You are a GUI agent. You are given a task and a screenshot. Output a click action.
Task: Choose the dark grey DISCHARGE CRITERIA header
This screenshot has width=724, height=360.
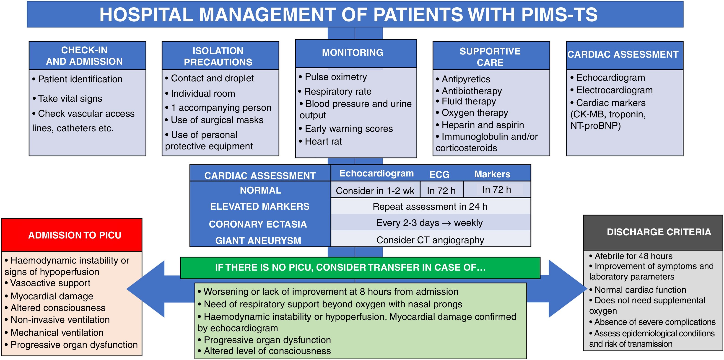[653, 232]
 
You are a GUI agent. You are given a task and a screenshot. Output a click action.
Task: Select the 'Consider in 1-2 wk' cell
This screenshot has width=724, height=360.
[375, 191]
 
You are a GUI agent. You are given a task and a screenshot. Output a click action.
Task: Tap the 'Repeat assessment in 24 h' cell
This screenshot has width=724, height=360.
[430, 207]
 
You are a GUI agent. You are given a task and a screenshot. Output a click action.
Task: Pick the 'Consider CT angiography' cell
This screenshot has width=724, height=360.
[430, 240]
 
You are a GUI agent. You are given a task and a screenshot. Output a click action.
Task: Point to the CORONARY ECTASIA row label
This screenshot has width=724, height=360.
[258, 224]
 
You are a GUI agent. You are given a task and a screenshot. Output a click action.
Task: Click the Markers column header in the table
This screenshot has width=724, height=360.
[492, 174]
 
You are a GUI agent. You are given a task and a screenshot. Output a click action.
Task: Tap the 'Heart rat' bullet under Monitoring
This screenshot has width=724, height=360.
[323, 141]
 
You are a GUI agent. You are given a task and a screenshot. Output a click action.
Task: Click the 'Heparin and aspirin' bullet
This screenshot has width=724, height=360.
[483, 125]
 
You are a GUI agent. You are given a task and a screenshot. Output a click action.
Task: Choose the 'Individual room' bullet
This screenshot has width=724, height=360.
[203, 93]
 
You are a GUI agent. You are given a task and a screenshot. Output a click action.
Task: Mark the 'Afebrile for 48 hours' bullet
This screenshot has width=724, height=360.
[633, 256]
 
